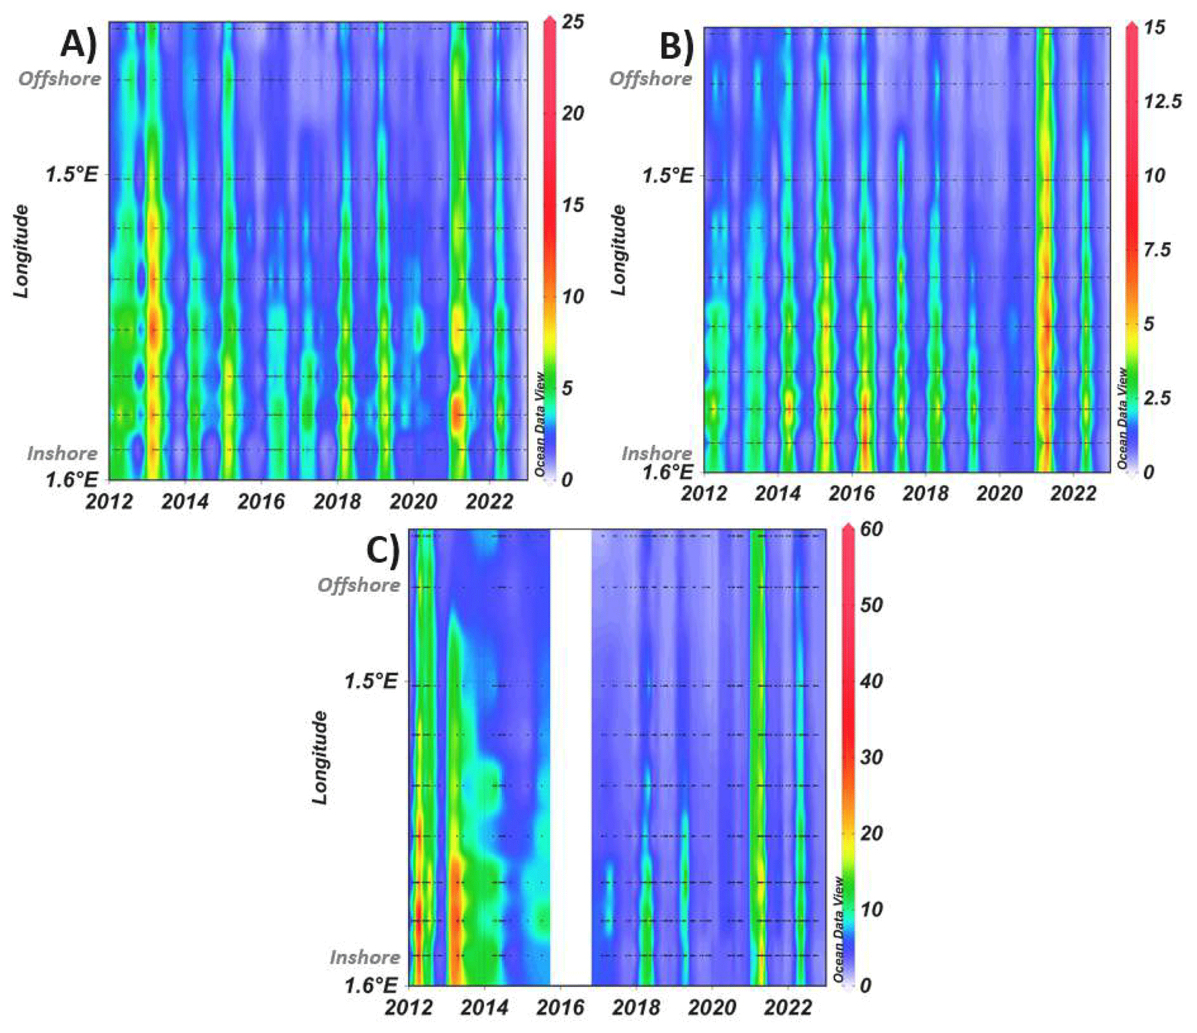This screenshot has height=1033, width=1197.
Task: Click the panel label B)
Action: (x=676, y=46)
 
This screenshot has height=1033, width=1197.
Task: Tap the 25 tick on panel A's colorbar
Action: (x=573, y=22)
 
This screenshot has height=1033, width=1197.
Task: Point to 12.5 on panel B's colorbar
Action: (x=1162, y=101)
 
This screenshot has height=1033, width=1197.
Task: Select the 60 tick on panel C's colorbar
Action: (x=871, y=529)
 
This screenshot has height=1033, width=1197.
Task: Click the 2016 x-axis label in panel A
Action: (x=261, y=501)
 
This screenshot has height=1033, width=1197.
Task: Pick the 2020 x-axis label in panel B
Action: (x=1000, y=494)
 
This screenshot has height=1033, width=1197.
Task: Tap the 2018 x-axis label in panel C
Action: (x=635, y=1008)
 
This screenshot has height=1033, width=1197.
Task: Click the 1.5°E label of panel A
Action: (x=72, y=174)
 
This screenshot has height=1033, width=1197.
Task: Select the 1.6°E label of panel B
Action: (x=667, y=472)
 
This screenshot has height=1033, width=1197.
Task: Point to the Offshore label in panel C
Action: (x=358, y=585)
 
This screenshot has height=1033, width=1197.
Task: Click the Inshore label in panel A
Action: (x=62, y=453)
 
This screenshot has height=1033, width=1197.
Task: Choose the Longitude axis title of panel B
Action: (x=618, y=250)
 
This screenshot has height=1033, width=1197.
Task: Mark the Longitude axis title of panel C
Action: (x=320, y=757)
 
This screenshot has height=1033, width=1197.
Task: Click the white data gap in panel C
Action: (x=570, y=753)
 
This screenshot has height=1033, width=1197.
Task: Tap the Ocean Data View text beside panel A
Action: (x=540, y=424)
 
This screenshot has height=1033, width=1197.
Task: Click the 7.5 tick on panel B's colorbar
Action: (x=1156, y=250)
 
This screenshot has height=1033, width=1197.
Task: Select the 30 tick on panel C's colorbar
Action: (x=871, y=757)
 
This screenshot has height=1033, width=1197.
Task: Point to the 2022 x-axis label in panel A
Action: (x=489, y=501)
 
